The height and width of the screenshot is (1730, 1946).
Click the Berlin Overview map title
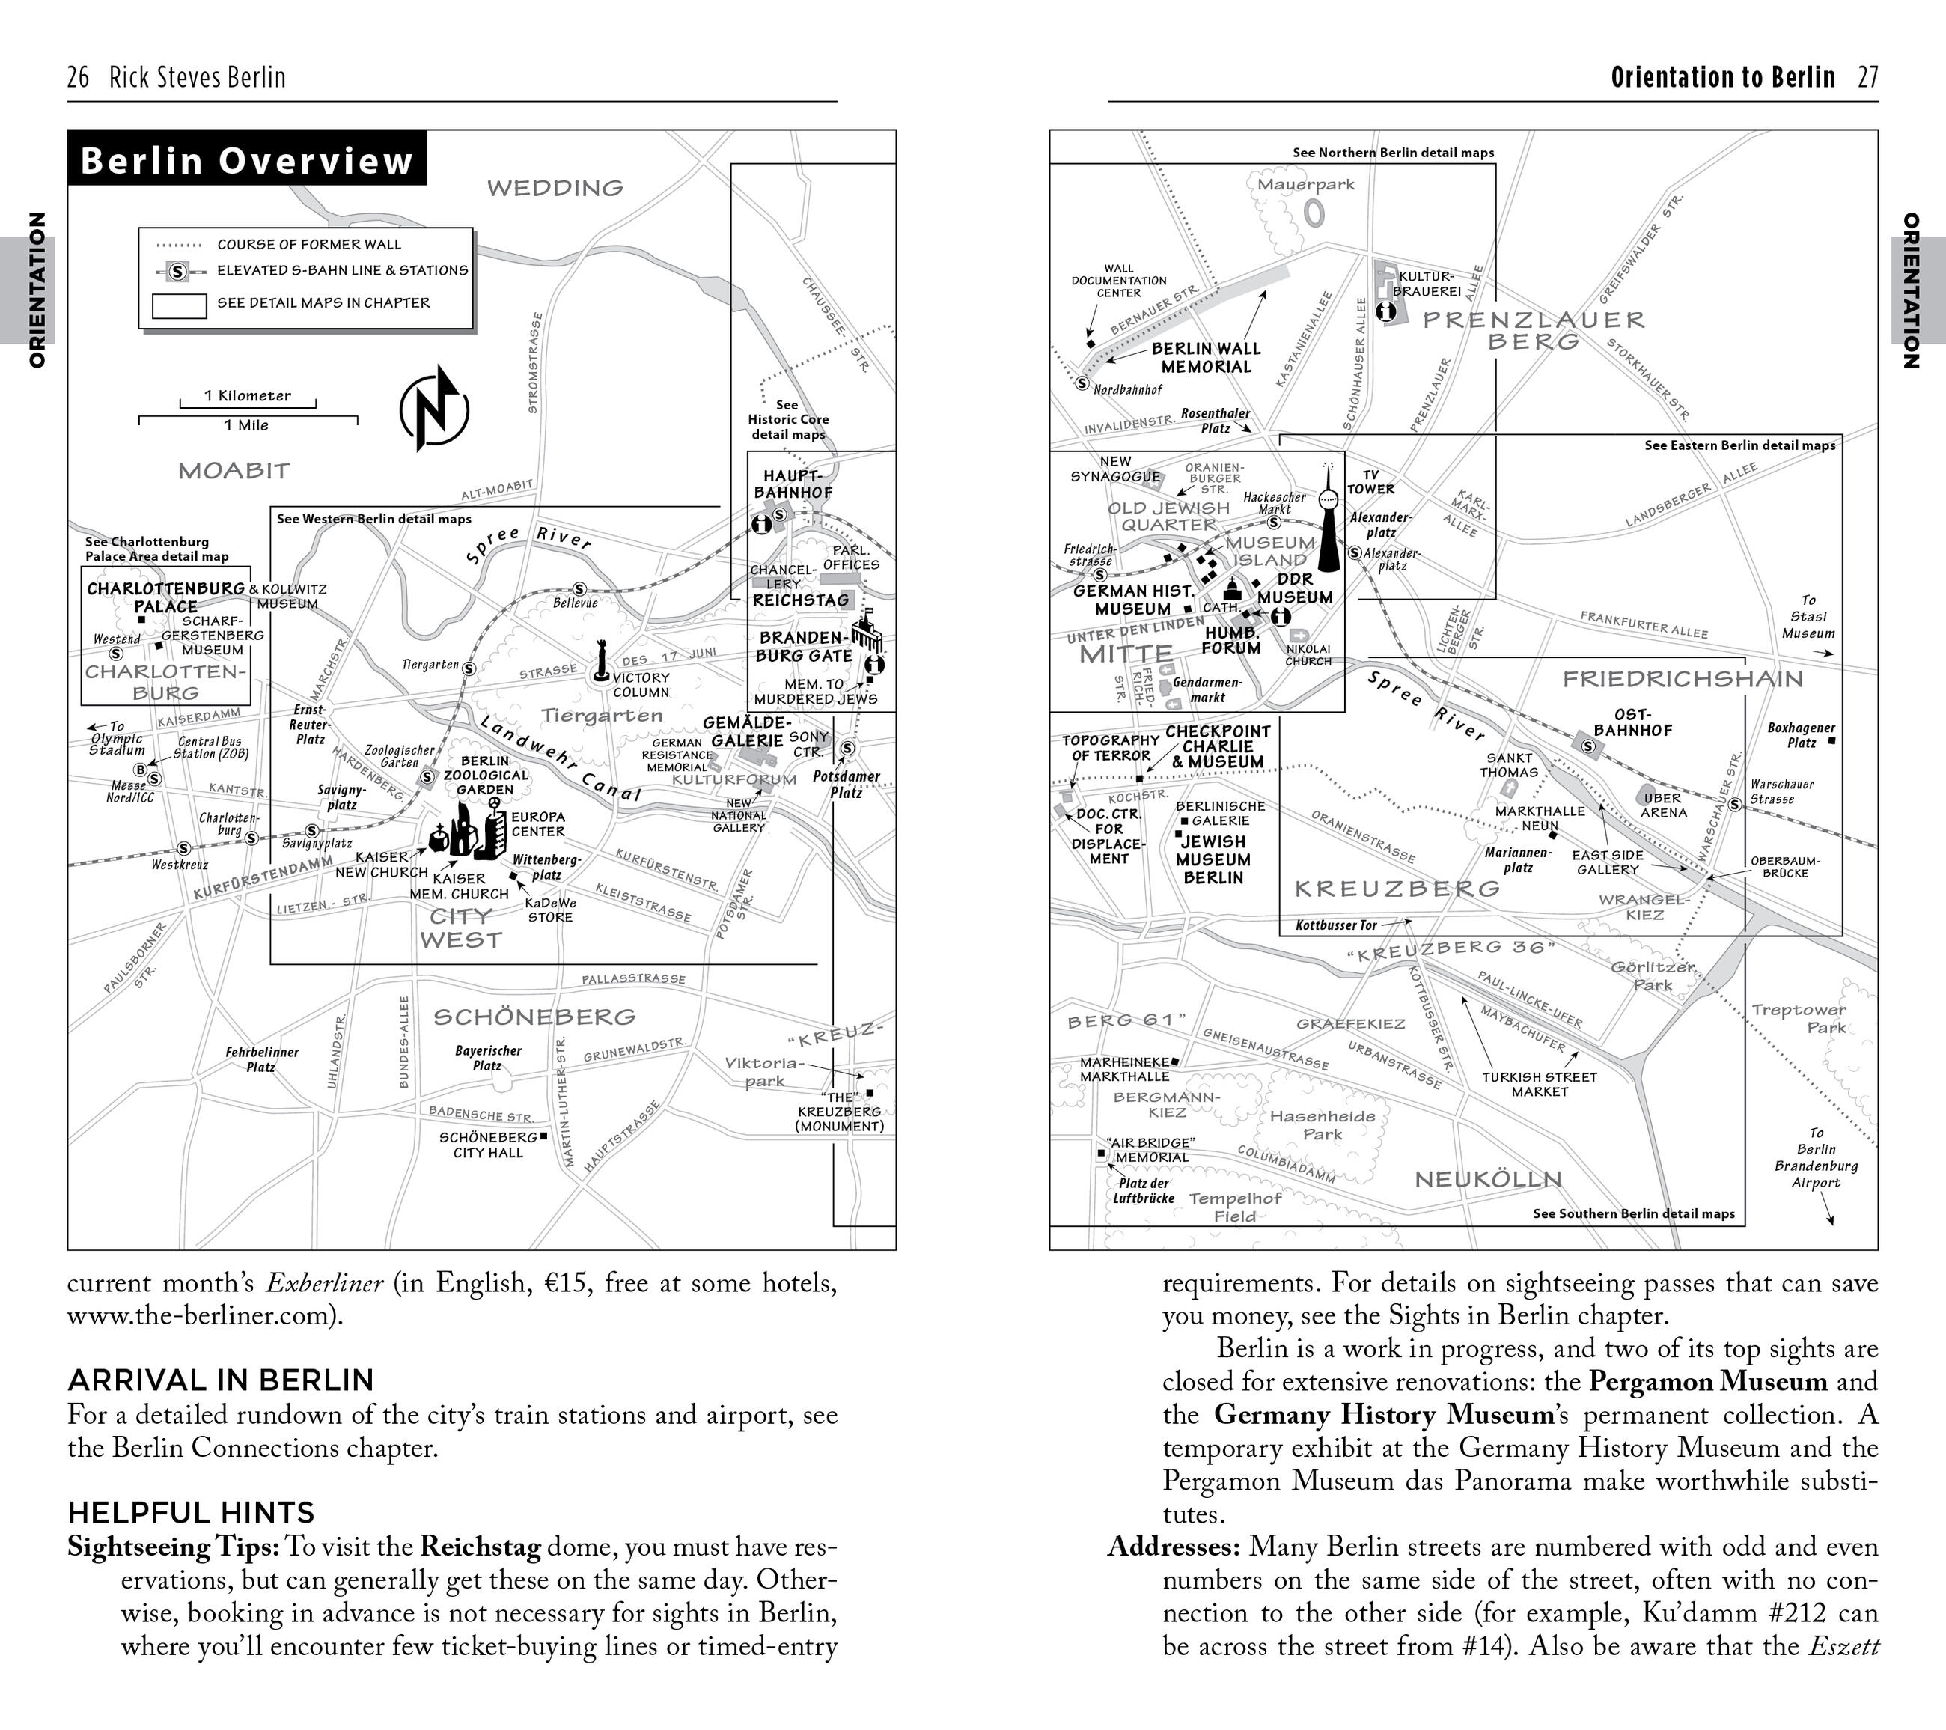tap(246, 160)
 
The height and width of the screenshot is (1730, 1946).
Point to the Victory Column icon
tap(601, 662)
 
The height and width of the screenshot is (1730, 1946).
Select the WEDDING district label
tap(555, 189)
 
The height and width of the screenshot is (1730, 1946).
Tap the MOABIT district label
tap(234, 470)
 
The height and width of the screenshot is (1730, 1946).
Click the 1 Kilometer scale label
tap(248, 396)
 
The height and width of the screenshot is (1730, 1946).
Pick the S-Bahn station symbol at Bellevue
tap(579, 589)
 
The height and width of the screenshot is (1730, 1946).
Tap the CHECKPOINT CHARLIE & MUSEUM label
tap(1218, 746)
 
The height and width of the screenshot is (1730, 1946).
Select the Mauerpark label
tap(1305, 185)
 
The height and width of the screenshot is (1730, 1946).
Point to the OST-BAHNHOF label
tap(1633, 722)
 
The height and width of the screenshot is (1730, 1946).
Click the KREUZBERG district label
tap(1397, 889)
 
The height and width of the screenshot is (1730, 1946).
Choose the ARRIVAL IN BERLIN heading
tap(220, 1380)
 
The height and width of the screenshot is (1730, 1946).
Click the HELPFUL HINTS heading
tap(190, 1512)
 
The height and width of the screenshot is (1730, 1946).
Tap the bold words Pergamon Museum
tap(1708, 1380)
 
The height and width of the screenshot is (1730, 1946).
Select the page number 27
tap(1868, 77)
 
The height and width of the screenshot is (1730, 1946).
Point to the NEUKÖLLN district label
tap(1488, 1180)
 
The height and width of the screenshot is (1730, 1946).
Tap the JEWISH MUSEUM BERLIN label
tap(1213, 859)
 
